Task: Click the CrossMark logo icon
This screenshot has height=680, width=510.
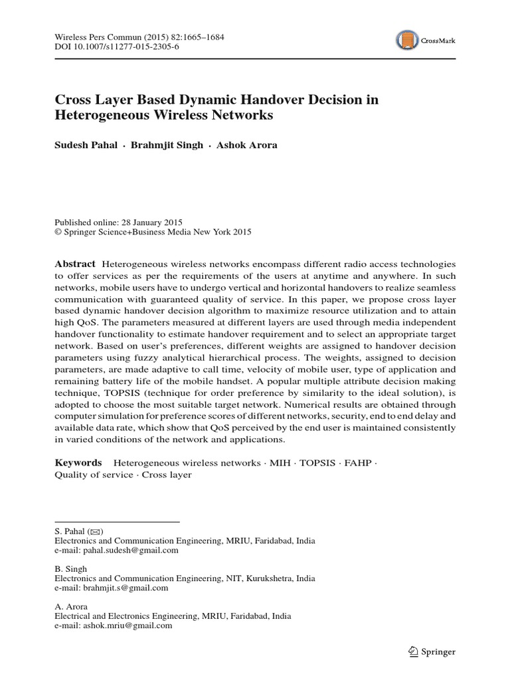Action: click(x=405, y=41)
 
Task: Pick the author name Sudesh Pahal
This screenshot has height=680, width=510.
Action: click(x=84, y=145)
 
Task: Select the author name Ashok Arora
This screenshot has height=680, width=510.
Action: click(x=247, y=145)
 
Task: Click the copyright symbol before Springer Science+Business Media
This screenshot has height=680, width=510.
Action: click(x=57, y=232)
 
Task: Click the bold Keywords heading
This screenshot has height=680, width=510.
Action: click(x=78, y=462)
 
